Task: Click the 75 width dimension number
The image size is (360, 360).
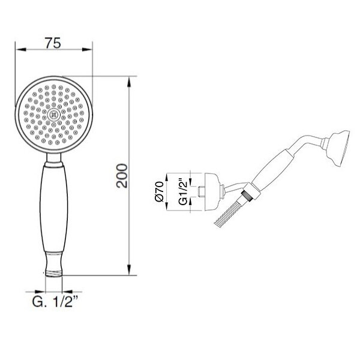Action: [x=53, y=43]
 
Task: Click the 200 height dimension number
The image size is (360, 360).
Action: [x=121, y=176]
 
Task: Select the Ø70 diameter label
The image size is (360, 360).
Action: [x=159, y=191]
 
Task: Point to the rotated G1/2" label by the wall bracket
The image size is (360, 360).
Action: [x=183, y=191]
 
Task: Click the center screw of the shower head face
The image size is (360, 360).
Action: [x=54, y=115]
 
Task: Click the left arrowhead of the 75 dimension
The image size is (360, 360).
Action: [x=20, y=49]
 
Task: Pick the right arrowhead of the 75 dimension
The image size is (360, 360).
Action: [x=87, y=49]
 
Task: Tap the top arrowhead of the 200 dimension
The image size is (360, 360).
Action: [x=130, y=82]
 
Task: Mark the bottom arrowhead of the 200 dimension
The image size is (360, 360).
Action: [x=130, y=269]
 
